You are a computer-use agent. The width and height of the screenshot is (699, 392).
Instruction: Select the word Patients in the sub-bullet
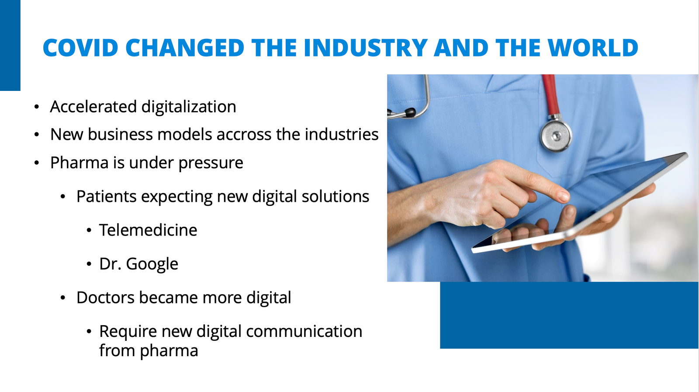click(x=107, y=197)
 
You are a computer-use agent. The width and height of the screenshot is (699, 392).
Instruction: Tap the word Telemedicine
click(x=148, y=230)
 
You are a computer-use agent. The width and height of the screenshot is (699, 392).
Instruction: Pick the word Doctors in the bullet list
click(x=105, y=298)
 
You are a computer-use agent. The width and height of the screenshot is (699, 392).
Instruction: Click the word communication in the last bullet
click(x=304, y=331)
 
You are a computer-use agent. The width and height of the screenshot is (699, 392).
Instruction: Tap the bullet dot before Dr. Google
click(x=89, y=264)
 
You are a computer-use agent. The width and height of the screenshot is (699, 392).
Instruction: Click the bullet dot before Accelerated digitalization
click(x=37, y=107)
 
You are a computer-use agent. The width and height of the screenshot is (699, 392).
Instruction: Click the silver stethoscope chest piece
click(x=556, y=136)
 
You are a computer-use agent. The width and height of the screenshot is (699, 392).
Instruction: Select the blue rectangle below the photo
click(x=569, y=315)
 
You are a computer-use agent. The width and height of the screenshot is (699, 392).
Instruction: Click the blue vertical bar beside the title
click(x=10, y=45)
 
